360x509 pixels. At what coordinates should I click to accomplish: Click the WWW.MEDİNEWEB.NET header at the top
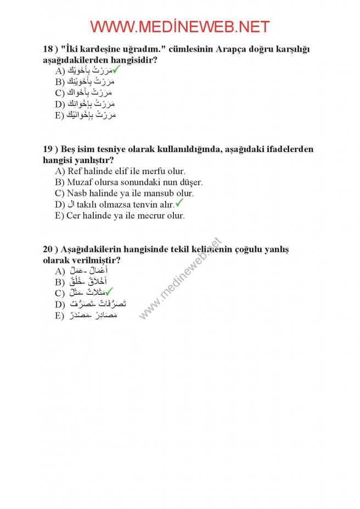pos(179,26)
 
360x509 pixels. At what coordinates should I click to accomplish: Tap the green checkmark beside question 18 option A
pos(117,70)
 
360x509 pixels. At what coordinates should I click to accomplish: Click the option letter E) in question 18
pos(60,116)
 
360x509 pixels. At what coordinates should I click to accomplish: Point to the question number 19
pos(47,149)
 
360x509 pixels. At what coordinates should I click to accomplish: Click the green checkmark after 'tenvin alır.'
pos(179,204)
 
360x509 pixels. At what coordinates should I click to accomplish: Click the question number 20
pos(47,249)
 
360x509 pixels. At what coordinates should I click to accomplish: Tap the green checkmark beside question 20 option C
pos(109,292)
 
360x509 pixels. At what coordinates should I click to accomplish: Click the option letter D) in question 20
pos(60,305)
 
